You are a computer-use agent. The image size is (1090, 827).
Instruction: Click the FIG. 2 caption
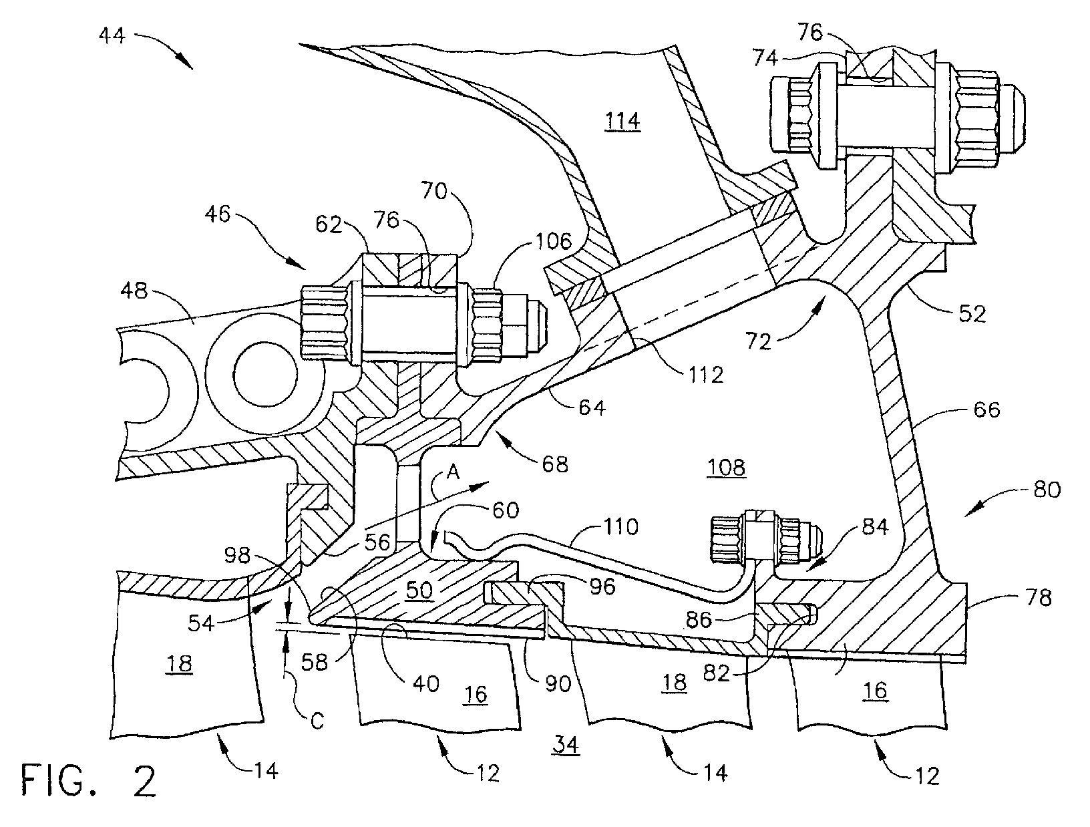(89, 782)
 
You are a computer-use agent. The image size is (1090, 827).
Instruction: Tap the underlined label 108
(726, 467)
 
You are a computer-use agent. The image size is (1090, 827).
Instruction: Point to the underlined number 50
(419, 589)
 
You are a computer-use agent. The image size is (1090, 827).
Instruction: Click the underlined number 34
(565, 744)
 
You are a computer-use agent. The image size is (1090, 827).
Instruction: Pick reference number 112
(705, 375)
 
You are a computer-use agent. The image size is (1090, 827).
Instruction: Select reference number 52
(970, 314)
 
